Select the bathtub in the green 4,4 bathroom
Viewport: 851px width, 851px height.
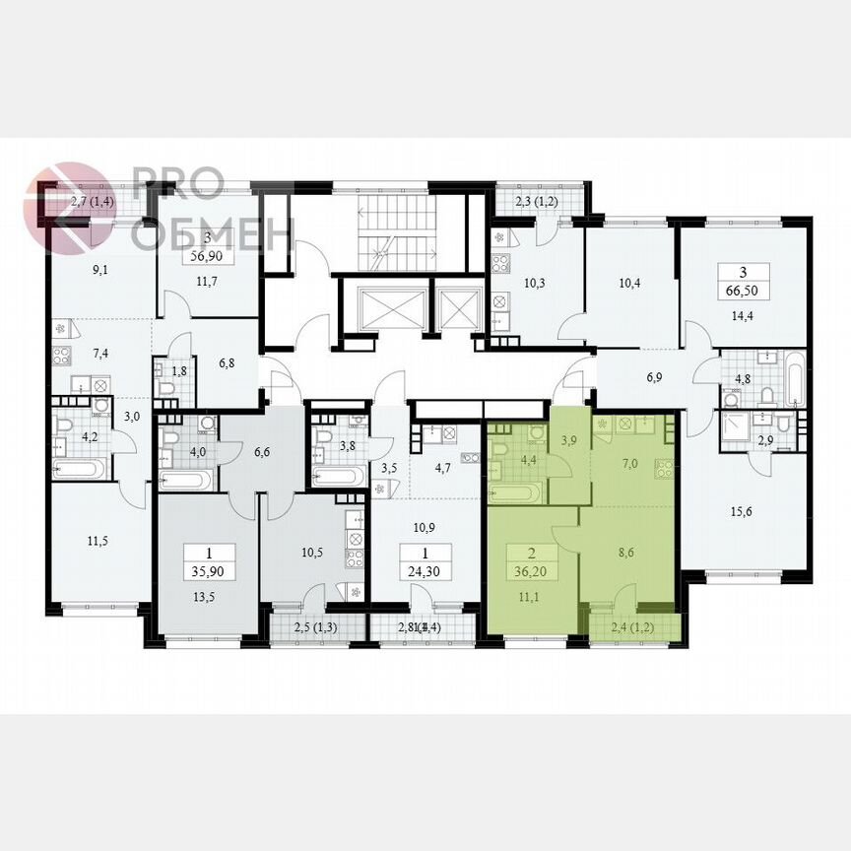point(515,491)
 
